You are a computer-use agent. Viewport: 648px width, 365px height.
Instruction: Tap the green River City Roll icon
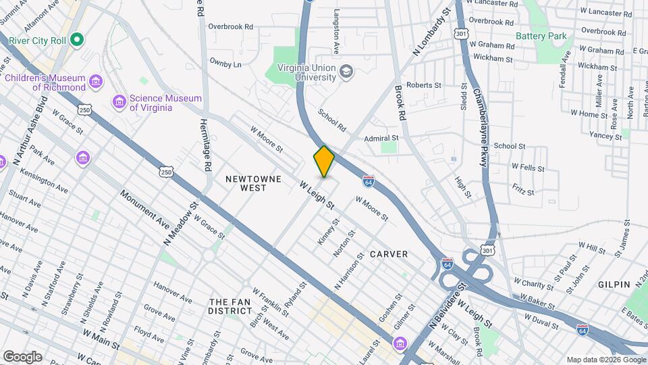(x=77, y=40)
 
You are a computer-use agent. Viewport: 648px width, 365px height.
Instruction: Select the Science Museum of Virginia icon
(x=119, y=102)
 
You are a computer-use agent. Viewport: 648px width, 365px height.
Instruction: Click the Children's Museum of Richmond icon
(x=97, y=82)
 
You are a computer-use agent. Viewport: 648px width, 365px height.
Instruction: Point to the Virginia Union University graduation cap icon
(x=346, y=72)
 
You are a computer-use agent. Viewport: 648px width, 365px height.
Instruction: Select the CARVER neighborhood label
(x=389, y=254)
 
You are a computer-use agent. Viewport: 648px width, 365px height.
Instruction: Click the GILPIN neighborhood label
(x=614, y=285)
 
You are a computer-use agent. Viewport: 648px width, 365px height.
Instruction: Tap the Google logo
(x=22, y=356)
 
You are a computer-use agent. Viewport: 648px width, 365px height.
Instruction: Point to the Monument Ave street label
(x=144, y=209)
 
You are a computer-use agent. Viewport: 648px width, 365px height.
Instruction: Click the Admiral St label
(x=381, y=138)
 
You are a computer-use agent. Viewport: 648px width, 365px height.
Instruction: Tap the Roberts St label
(x=423, y=85)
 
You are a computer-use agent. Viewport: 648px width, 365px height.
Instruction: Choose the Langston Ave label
(x=335, y=32)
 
